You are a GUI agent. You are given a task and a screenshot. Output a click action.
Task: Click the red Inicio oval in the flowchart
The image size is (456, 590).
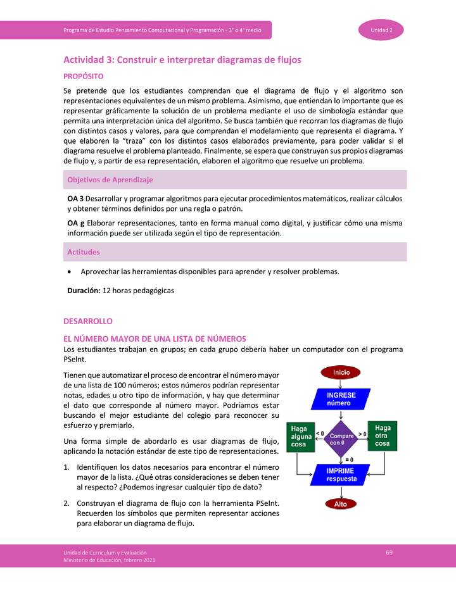coord(341,372)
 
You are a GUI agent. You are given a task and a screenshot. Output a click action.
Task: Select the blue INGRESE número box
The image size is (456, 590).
coord(341,399)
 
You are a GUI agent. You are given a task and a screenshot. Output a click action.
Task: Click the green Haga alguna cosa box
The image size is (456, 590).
coord(299,436)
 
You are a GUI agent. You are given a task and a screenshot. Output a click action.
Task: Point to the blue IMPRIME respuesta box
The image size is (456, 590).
coord(341,475)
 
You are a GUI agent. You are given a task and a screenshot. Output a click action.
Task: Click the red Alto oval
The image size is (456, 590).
coord(341,504)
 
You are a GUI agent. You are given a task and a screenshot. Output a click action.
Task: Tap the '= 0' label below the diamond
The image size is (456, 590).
coord(348,458)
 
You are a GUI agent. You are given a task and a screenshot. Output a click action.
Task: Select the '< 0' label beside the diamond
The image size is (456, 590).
coord(320,433)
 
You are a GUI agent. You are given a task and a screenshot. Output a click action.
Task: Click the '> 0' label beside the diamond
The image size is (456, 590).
coord(363,433)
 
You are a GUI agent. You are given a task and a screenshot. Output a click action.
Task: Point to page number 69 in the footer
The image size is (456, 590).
coord(389,553)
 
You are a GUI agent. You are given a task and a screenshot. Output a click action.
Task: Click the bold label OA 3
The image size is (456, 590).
coord(76,199)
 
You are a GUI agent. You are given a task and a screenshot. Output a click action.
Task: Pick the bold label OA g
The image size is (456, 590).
coord(76,223)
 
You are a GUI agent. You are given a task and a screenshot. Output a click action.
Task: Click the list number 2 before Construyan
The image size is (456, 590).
coord(66,503)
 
